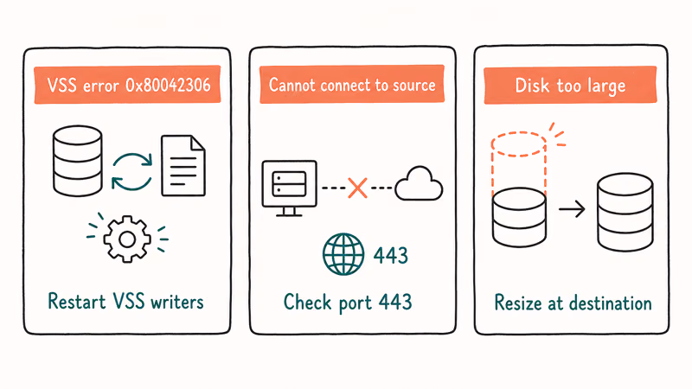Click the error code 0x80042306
[x=168, y=85]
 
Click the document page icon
[x=183, y=165]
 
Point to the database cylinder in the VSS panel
[x=78, y=161]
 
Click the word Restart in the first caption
[x=77, y=302]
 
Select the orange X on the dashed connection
[x=357, y=188]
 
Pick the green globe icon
[x=343, y=254]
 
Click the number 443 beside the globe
[x=391, y=255]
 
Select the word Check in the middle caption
[x=307, y=302]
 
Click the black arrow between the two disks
[x=572, y=208]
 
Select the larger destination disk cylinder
[x=625, y=212]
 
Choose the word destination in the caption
[x=611, y=303]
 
